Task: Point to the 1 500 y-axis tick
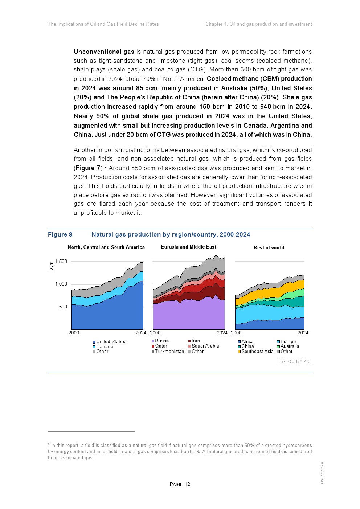[61, 262]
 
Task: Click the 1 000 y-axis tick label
[61, 284]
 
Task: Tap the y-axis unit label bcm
[51, 266]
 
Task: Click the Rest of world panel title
[269, 248]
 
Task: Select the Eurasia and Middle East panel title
[189, 247]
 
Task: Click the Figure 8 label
[60, 235]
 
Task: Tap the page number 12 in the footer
[187, 484]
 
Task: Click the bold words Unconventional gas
[104, 52]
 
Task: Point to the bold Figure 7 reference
[88, 168]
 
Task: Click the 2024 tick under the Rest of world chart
[303, 333]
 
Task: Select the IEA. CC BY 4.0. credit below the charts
[294, 362]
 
